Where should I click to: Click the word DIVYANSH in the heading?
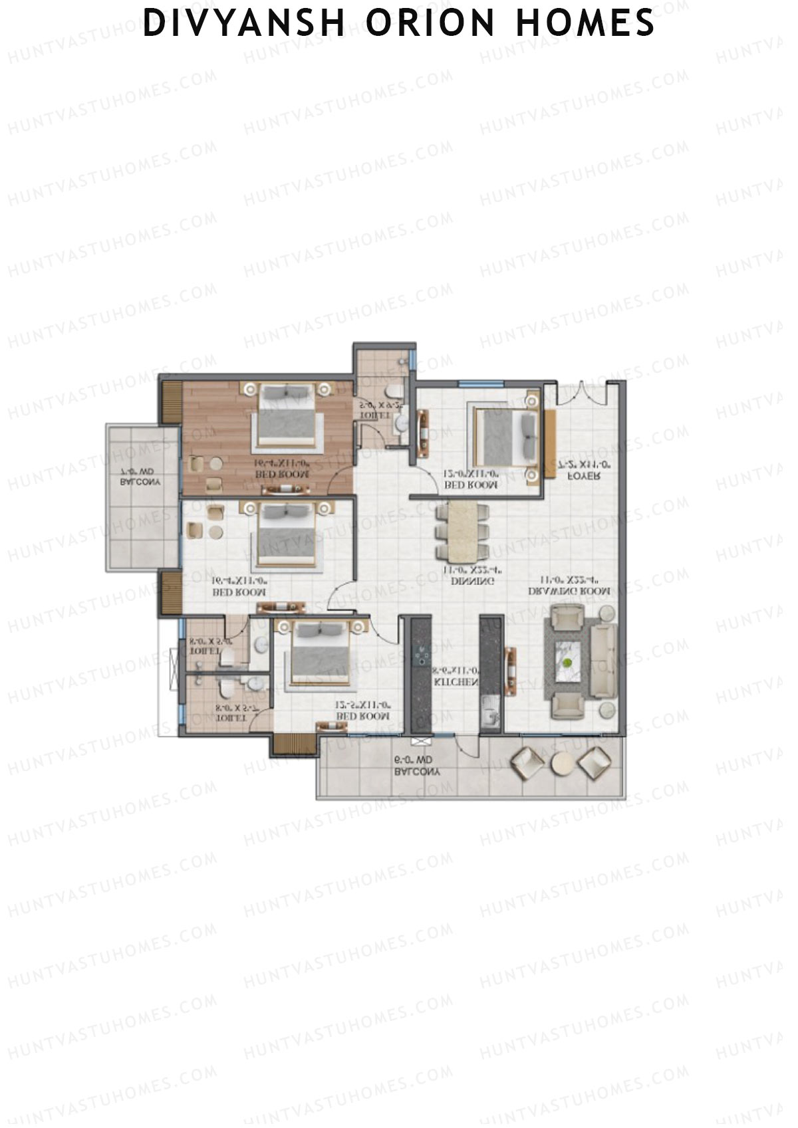[244, 23]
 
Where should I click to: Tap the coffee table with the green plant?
[567, 662]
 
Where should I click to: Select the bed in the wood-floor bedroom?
[287, 417]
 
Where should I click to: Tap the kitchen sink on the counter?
[490, 713]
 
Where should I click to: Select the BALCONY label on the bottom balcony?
[417, 772]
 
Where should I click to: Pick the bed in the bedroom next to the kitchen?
[320, 655]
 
